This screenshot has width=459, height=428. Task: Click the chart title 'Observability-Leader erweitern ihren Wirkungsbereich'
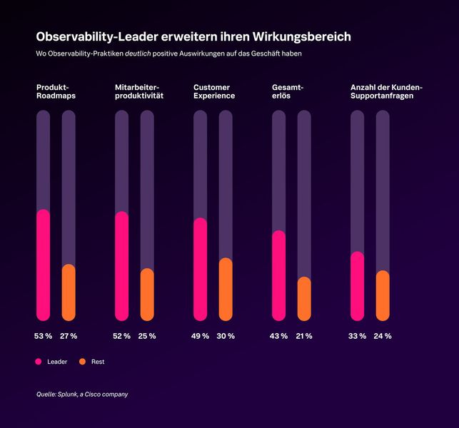[x=193, y=36]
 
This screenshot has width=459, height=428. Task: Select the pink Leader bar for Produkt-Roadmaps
[x=44, y=265]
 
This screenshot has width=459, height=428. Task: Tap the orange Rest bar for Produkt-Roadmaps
[x=69, y=292]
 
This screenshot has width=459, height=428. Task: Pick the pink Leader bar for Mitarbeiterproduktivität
[x=122, y=266]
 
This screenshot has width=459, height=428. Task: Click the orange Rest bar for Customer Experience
[x=226, y=289]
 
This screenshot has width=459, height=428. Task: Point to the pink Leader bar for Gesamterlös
[x=279, y=275]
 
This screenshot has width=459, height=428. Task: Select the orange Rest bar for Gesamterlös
[x=304, y=298]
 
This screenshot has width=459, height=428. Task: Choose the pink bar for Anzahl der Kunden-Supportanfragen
[x=358, y=286]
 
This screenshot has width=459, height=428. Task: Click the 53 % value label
[x=44, y=336]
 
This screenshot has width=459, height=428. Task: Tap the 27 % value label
[x=69, y=336]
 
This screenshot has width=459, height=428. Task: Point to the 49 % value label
[x=200, y=336]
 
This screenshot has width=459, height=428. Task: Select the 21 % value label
[x=303, y=336]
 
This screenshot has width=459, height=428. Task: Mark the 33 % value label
[x=357, y=336]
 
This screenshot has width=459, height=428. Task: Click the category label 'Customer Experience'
[x=214, y=91]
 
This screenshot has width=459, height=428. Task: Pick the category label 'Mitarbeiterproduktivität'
[x=139, y=91]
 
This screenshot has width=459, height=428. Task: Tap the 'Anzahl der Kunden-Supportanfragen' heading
[x=386, y=91]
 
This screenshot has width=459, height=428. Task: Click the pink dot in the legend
[x=39, y=362]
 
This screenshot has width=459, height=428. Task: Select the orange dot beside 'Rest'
[x=82, y=362]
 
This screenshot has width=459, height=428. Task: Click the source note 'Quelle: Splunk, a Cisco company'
[x=82, y=394]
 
